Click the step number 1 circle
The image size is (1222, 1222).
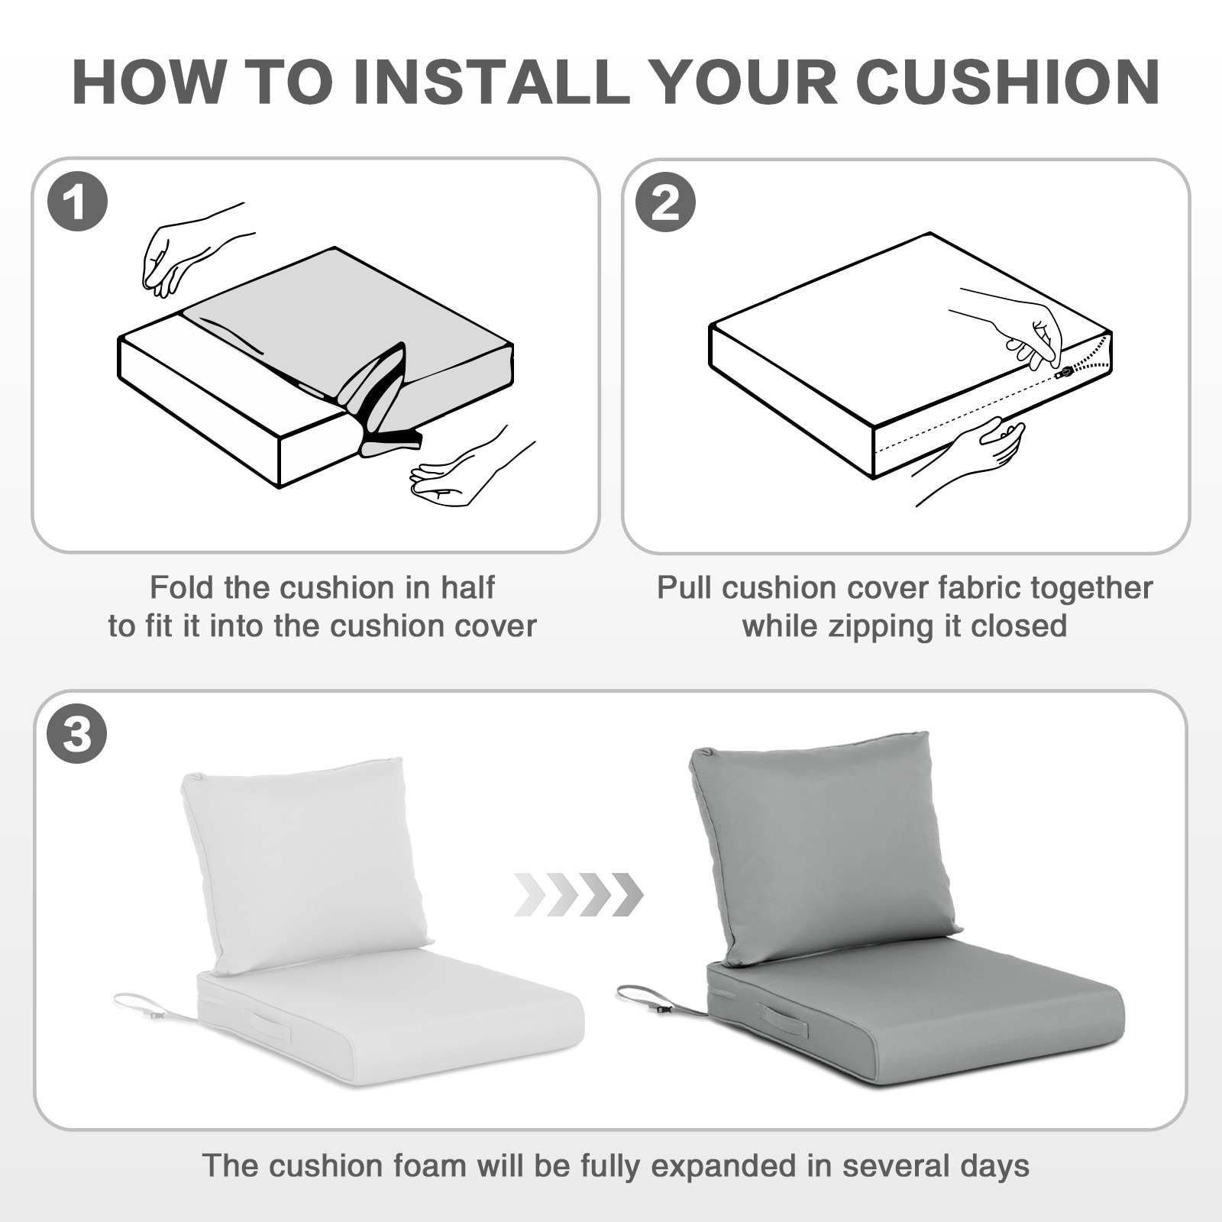tap(77, 203)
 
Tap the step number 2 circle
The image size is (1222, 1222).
tap(666, 203)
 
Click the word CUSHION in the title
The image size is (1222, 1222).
tap(1007, 82)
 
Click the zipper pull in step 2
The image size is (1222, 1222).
tap(1065, 372)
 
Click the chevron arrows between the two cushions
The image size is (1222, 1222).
tap(579, 894)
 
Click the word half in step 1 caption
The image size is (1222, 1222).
tap(467, 588)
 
